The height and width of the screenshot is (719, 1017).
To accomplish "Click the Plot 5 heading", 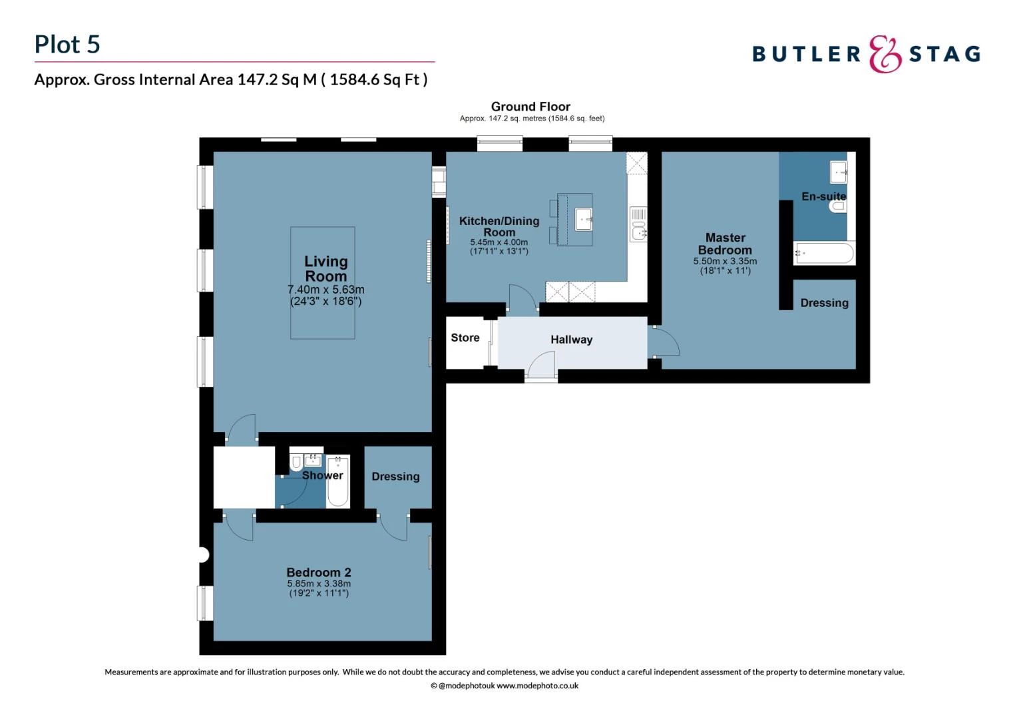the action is (x=67, y=45).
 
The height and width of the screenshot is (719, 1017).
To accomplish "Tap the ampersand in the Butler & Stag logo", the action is (x=885, y=54).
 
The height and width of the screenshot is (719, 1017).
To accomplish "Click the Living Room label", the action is (x=326, y=268).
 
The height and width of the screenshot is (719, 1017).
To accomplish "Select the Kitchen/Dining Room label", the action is (x=499, y=226).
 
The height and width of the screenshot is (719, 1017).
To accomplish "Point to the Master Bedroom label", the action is (x=725, y=244).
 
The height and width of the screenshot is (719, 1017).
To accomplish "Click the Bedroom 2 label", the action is (x=319, y=573).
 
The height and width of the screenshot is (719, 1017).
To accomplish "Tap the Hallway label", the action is (x=572, y=340).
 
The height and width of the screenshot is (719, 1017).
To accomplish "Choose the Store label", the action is (x=465, y=338).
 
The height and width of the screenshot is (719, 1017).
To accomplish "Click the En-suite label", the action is (x=823, y=196).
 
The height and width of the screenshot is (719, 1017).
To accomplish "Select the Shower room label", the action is (x=322, y=475).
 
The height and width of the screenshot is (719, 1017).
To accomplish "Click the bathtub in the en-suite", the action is (x=824, y=253).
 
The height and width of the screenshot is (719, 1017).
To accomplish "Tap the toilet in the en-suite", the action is (x=838, y=206).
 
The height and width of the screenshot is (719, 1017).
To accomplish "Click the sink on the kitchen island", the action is (x=584, y=220).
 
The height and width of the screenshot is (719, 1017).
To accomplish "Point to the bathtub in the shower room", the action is (x=337, y=481).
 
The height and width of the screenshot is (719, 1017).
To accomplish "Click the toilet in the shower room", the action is (x=296, y=463).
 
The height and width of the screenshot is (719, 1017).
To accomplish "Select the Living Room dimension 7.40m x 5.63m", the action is (x=326, y=290).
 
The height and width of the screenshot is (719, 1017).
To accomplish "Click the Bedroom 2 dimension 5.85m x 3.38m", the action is (x=319, y=584).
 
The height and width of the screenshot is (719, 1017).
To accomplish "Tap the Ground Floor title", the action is (x=530, y=107).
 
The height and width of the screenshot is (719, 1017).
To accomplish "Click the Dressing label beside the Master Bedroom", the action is (x=824, y=303).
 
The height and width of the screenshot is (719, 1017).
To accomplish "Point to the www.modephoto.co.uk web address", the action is (x=537, y=686).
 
